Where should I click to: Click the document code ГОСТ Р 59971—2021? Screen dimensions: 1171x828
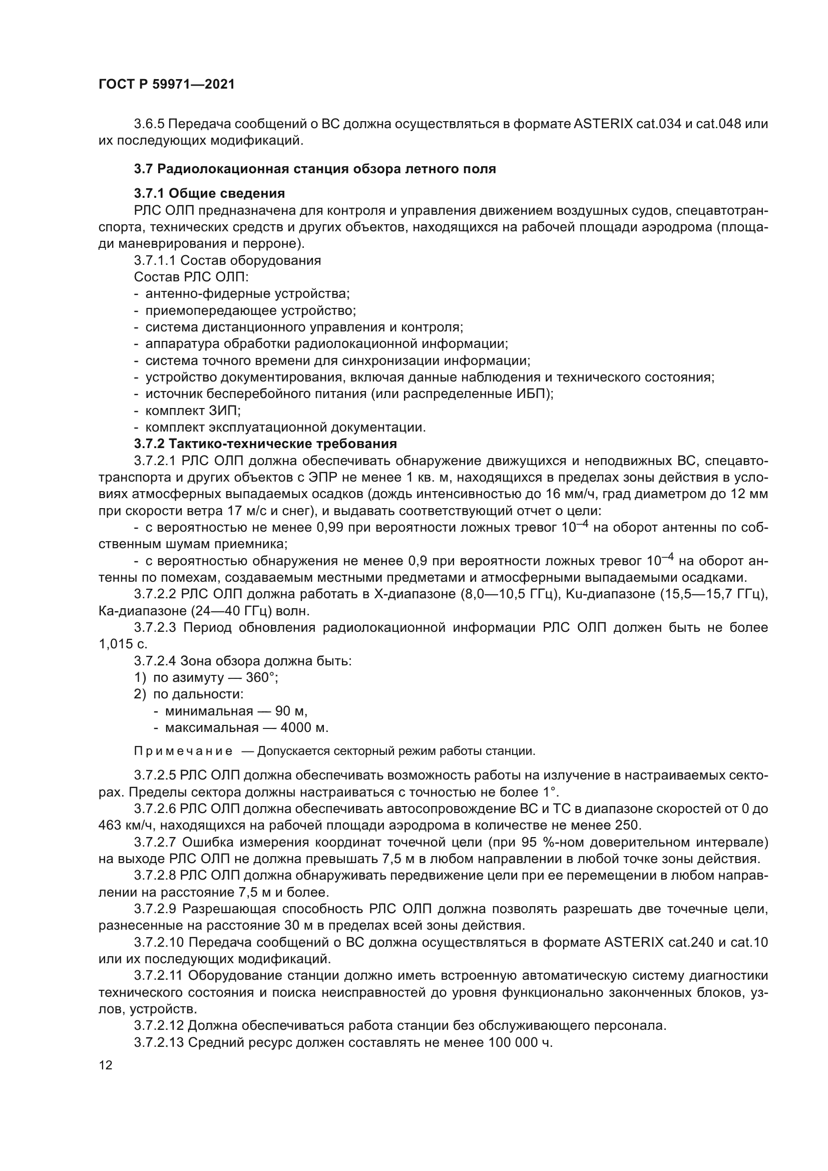166,84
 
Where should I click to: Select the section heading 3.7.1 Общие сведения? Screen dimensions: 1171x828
209,193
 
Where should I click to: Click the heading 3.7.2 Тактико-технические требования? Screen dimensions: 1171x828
265,443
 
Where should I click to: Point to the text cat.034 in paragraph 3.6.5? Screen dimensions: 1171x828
658,124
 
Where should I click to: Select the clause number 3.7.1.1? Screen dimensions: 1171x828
155,261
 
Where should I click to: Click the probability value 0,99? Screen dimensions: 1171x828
333,528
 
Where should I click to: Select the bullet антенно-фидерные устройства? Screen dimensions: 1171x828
247,294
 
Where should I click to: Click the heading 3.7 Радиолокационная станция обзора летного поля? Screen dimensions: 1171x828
314,169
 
